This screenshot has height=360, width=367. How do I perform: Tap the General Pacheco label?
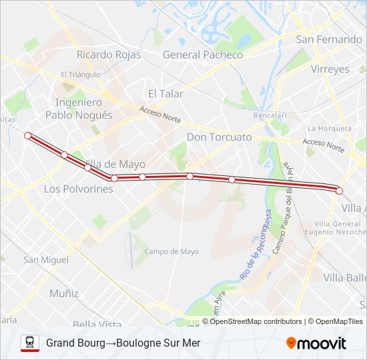click(x=203, y=55)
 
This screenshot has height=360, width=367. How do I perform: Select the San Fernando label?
click(x=329, y=39)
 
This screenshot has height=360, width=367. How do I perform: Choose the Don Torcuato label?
click(x=220, y=137)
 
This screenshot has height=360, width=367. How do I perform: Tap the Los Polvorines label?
click(x=78, y=189)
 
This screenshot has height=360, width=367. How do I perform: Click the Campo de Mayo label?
click(x=171, y=251)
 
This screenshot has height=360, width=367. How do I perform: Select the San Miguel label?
click(x=46, y=259)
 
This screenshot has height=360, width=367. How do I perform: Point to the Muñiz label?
click(x=64, y=293)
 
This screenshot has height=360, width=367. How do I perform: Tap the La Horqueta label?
click(x=329, y=128)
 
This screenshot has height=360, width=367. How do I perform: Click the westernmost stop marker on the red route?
click(x=27, y=135)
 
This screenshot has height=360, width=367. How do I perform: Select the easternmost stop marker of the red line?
click(x=339, y=191)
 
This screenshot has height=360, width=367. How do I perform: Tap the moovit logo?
click(x=316, y=343)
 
